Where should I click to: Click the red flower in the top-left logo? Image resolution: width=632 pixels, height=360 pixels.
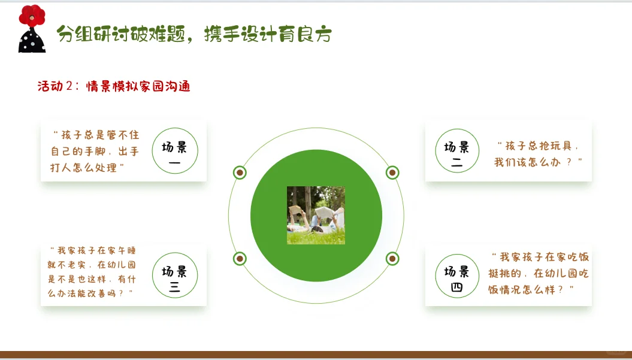point(32,16)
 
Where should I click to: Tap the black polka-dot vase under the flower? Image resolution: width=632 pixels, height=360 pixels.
point(32,40)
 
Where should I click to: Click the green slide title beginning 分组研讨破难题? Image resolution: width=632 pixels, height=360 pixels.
point(194,34)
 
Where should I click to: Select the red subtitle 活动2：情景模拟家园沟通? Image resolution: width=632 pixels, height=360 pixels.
point(114,86)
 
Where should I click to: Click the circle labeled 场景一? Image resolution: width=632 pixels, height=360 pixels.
point(175,151)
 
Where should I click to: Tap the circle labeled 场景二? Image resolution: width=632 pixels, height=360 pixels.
point(457,151)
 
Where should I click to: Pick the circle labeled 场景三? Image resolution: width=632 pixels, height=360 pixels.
point(175,276)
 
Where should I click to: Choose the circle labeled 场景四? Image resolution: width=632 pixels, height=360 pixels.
point(457,276)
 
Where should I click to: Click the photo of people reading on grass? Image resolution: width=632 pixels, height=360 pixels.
point(316,215)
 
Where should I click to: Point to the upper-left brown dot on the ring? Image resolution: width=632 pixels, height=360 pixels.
point(240,173)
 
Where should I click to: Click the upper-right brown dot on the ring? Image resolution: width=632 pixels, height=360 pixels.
point(392,173)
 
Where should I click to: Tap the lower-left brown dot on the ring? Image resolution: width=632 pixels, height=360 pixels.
point(240,258)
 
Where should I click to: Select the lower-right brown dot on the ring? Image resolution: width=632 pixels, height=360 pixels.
point(392,258)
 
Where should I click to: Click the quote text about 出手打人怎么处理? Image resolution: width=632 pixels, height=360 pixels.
point(95,151)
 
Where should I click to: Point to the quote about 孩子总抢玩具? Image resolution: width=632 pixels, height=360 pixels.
point(538,153)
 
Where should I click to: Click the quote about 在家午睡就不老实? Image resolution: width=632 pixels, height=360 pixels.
point(92,272)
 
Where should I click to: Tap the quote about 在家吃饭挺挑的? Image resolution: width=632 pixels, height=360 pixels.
point(539,273)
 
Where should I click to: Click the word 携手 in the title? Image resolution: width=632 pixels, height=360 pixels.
point(222,34)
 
